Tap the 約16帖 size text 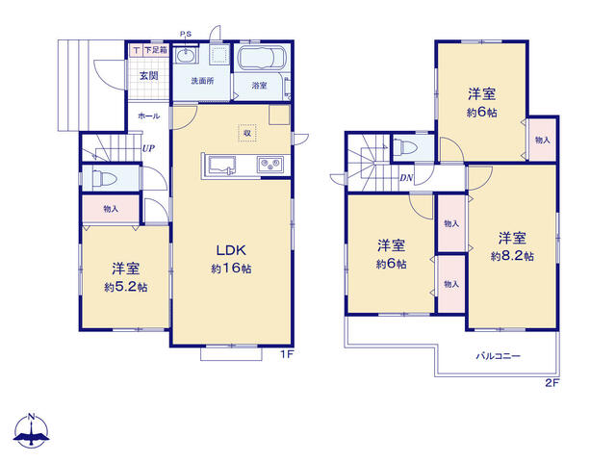(231, 270)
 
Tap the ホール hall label (149, 115)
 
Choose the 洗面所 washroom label (201, 82)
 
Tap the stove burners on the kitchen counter (269, 166)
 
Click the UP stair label (148, 148)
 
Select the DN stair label (407, 177)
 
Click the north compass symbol (32, 431)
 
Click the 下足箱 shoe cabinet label (155, 49)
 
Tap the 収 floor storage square (247, 134)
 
